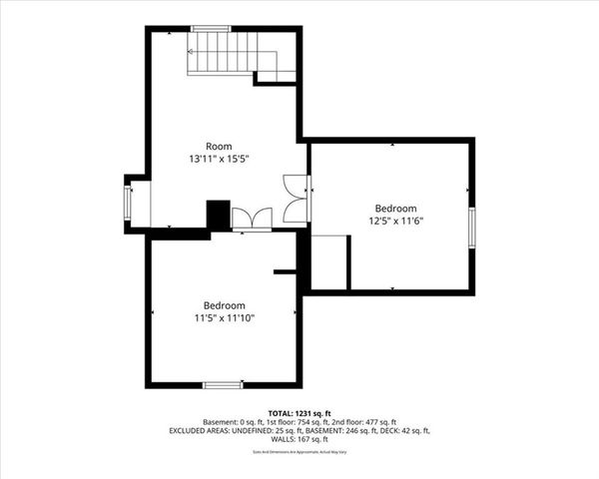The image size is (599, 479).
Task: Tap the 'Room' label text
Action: click(x=219, y=147)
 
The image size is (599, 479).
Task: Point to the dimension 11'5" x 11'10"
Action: click(x=224, y=318)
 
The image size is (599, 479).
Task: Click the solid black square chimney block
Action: click(x=218, y=215)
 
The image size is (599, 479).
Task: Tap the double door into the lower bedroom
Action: click(x=252, y=220)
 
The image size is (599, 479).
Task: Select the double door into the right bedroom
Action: click(x=297, y=198)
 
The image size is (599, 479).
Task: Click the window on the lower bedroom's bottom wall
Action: click(x=223, y=384)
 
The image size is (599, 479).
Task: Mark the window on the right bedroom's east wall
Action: click(x=471, y=224)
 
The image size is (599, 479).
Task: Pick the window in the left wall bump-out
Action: click(x=127, y=204)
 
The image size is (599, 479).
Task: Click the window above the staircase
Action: click(x=212, y=28)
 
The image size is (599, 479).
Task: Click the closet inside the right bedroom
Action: click(x=329, y=261)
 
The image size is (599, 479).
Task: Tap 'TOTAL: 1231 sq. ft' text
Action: click(x=299, y=413)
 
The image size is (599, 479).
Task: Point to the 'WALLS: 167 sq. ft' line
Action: click(x=299, y=439)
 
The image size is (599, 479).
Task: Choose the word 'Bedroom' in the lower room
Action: click(x=224, y=305)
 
